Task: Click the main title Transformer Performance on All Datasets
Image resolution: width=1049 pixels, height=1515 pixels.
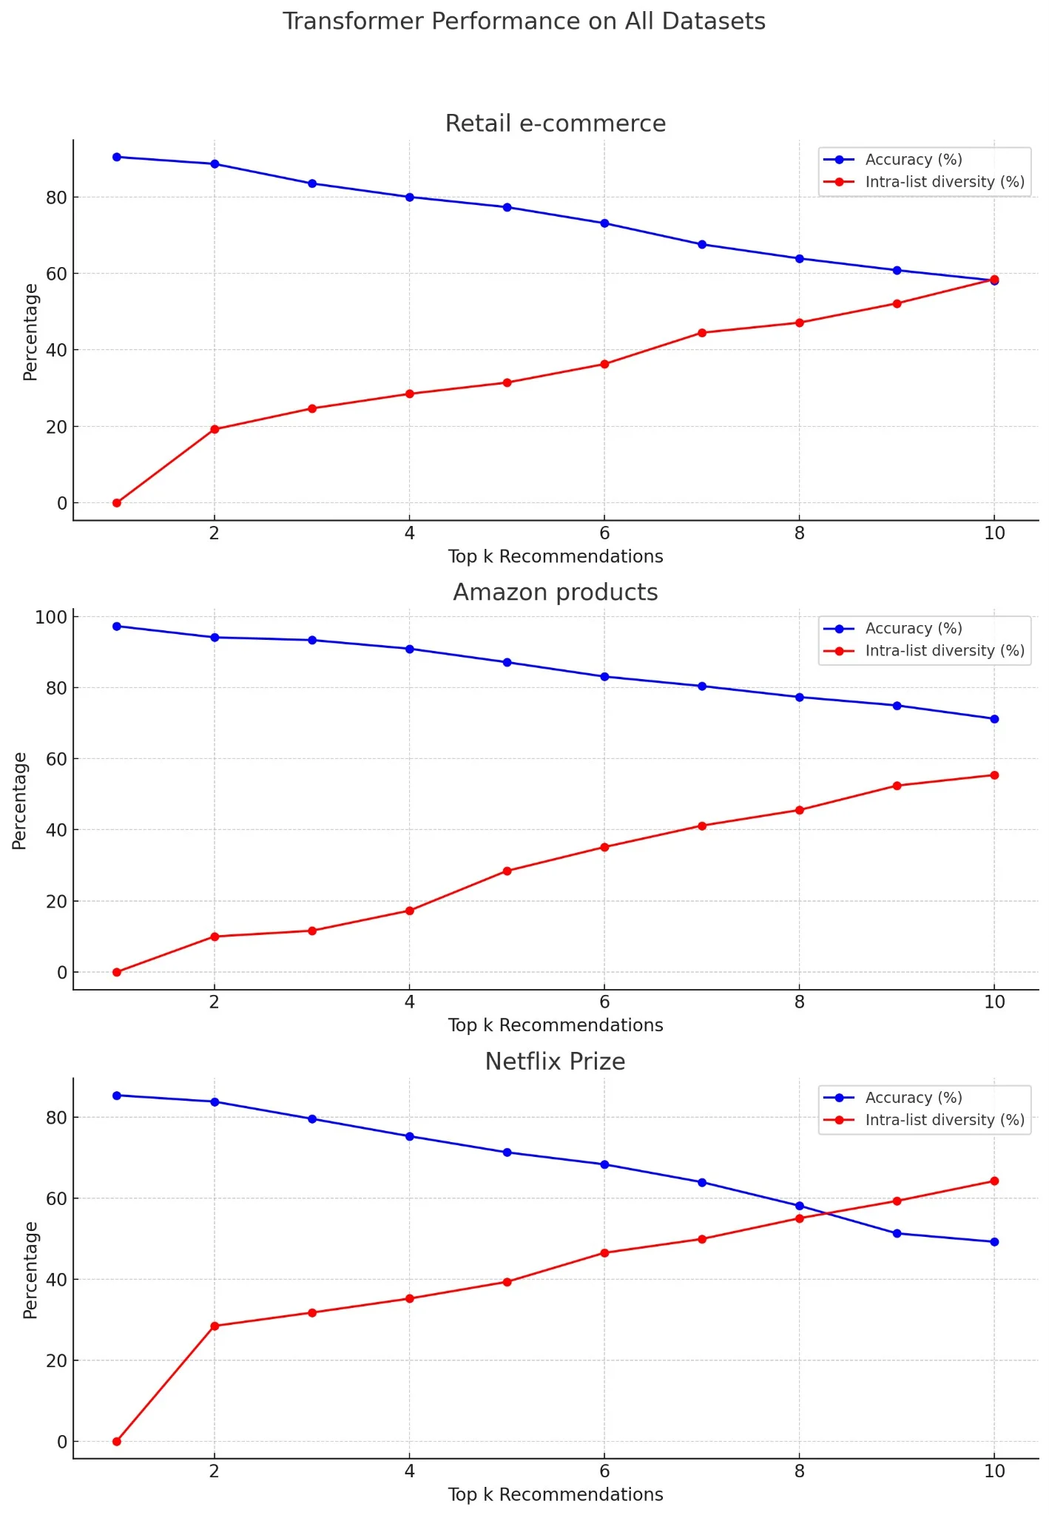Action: (x=524, y=21)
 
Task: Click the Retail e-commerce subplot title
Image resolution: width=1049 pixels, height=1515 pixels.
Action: (x=555, y=124)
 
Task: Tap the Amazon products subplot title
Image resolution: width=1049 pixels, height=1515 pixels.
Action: (x=555, y=593)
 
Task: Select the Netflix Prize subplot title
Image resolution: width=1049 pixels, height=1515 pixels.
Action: (x=555, y=1062)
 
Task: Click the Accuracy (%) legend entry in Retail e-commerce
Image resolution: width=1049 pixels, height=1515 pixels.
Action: (x=913, y=160)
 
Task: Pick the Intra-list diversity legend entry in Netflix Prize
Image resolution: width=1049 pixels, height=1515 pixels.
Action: (x=944, y=1120)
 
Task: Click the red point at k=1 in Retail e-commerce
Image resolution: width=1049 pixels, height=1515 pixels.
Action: (x=117, y=503)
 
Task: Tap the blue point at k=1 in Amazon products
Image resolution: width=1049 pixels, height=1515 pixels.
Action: (x=117, y=627)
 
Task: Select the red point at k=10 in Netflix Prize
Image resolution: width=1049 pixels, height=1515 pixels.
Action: (x=994, y=1181)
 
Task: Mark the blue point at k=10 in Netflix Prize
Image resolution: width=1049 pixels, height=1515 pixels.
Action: (x=994, y=1242)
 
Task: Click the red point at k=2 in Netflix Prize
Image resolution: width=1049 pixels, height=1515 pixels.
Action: (x=215, y=1326)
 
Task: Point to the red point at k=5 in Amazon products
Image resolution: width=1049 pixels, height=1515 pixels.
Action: (x=507, y=871)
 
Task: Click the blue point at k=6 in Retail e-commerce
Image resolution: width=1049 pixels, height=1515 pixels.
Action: (x=604, y=223)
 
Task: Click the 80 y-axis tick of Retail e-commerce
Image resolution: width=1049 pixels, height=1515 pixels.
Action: (x=56, y=198)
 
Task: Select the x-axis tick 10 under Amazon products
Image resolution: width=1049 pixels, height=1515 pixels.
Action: (x=994, y=1002)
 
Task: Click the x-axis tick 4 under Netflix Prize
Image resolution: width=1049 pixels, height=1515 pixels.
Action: (x=409, y=1471)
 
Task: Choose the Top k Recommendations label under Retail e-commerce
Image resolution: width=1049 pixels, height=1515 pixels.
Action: (x=555, y=557)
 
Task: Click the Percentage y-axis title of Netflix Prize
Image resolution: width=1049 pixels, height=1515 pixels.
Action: (x=30, y=1270)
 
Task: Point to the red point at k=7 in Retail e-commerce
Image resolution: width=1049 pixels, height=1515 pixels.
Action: (x=702, y=333)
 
